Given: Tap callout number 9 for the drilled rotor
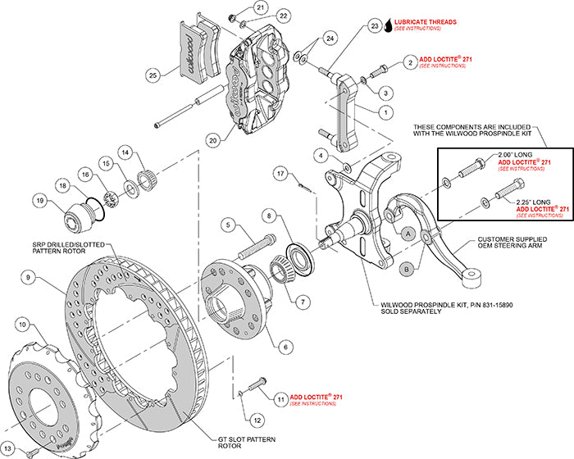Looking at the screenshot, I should [x=28, y=279].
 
